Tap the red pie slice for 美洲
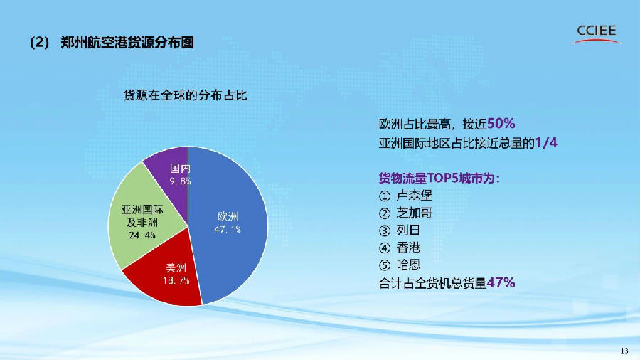tap(171, 281)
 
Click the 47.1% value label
tap(228, 229)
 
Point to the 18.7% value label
tap(177, 281)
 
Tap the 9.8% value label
tap(180, 181)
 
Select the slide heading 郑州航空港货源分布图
tap(127, 43)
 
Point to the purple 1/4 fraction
tap(545, 143)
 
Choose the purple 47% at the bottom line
tap(501, 283)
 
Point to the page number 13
tap(625, 351)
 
